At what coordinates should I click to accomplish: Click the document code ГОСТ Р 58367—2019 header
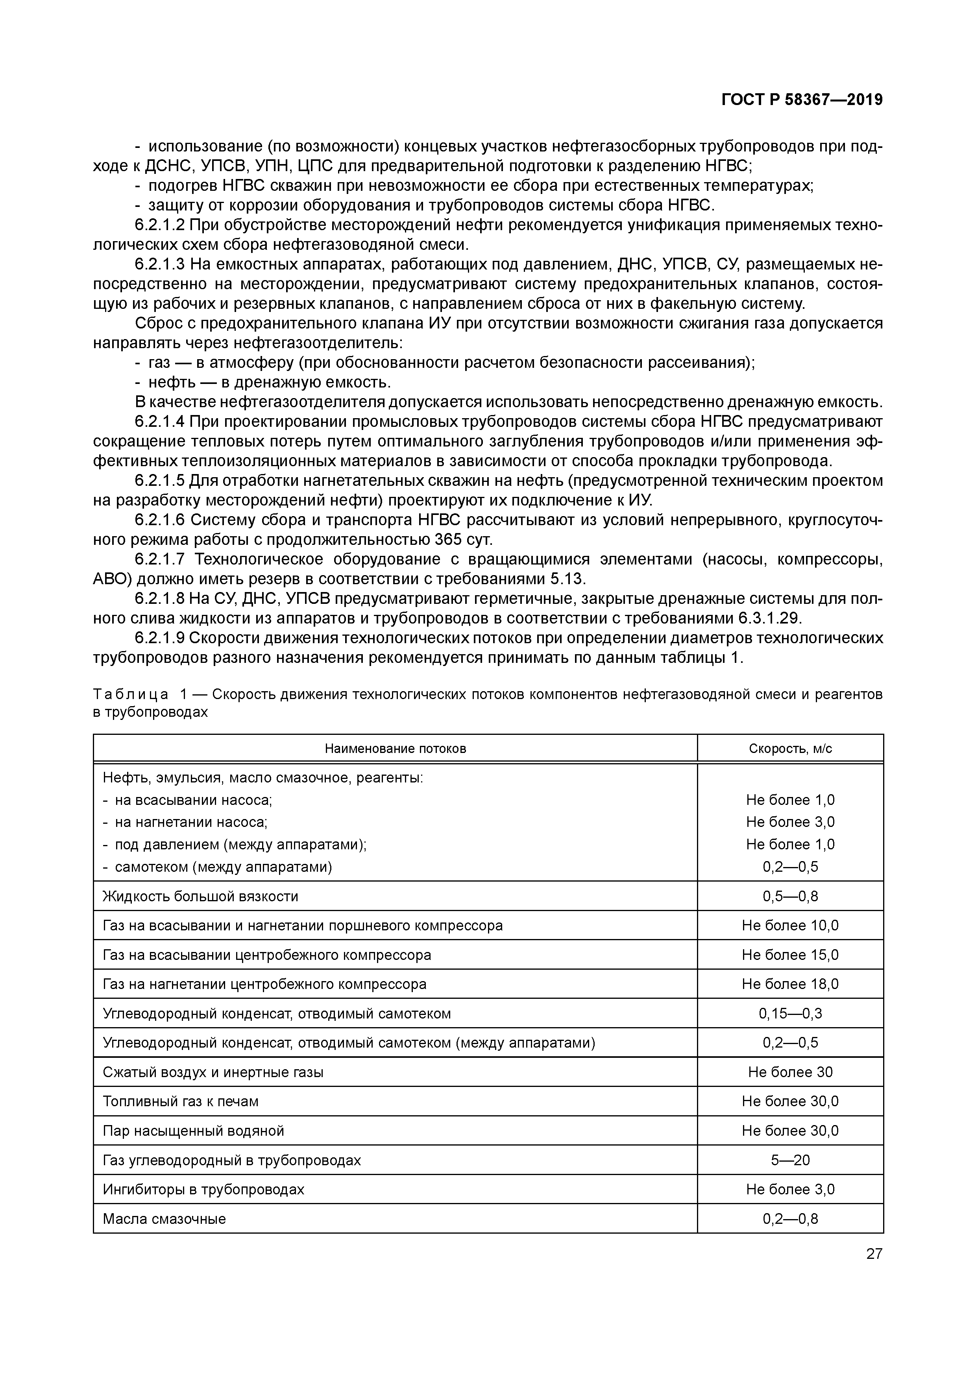point(802,100)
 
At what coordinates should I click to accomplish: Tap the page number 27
point(874,1254)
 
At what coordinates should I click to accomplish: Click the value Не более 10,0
point(790,926)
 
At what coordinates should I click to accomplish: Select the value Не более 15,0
point(790,955)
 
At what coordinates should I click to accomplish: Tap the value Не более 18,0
point(790,985)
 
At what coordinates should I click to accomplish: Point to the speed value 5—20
point(790,1160)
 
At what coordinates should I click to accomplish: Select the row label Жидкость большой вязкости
point(200,897)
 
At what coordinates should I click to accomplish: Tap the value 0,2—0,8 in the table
point(790,1219)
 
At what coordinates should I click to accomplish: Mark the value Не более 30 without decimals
point(790,1072)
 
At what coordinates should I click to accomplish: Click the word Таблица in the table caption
point(131,695)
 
